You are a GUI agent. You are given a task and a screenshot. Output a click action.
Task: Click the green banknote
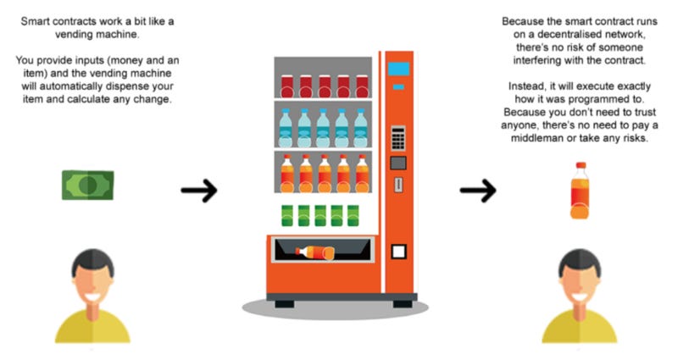pos(87,185)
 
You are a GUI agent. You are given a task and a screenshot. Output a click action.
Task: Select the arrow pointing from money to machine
pos(199,191)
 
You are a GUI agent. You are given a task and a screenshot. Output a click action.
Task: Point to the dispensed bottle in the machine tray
pos(314,252)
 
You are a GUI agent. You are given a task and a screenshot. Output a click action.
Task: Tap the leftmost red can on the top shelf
pos(286,86)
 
